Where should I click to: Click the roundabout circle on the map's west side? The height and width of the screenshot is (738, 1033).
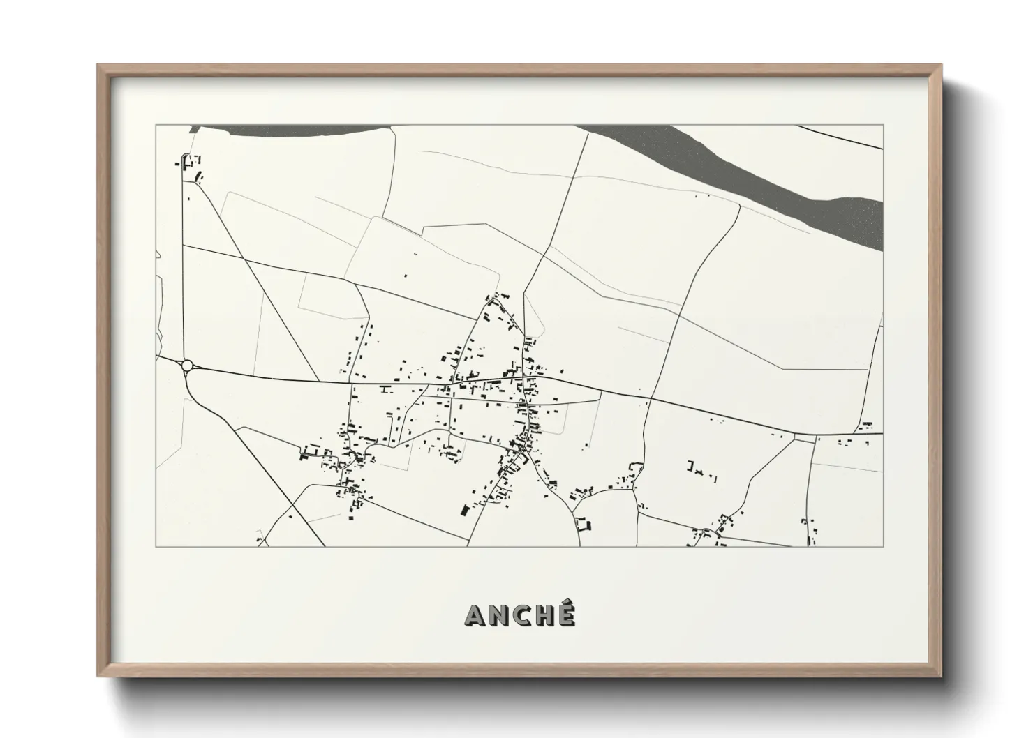[186, 365]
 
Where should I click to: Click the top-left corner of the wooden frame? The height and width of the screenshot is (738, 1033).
[98, 66]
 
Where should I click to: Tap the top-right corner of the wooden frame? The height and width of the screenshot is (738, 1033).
[942, 66]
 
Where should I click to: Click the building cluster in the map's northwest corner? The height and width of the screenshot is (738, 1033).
[190, 166]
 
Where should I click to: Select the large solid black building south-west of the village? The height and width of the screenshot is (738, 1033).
[463, 510]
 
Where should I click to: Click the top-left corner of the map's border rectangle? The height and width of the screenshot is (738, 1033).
[156, 125]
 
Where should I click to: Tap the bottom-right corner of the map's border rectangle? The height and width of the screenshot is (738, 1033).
[883, 547]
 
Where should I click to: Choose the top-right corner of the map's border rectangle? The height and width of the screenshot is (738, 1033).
[883, 125]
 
